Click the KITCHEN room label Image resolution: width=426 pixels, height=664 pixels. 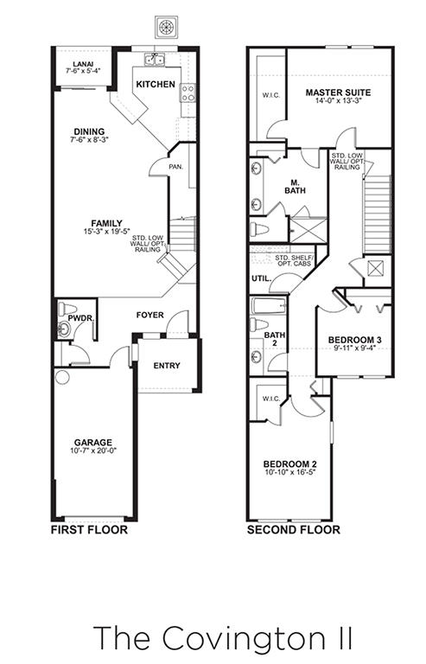pos(156,84)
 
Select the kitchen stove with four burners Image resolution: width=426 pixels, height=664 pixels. pos(188,93)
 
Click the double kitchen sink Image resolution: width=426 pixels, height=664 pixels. pos(155,61)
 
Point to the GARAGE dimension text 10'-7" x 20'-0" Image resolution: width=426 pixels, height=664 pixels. pos(93,450)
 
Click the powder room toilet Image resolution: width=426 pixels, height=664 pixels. pos(67,309)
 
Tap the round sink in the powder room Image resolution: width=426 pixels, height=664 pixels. pos(64,329)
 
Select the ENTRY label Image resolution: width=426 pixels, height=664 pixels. pos(167,366)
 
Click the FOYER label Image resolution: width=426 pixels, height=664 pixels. pos(149,315)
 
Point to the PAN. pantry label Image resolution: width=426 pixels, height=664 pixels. pos(176,167)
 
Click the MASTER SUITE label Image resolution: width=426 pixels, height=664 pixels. pos(338,93)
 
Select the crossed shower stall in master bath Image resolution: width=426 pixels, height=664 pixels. pos(308,231)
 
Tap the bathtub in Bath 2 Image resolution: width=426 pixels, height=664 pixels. pos(269,306)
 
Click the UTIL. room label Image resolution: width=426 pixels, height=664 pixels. pos(258,278)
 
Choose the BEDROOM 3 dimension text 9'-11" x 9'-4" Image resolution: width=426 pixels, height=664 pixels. pos(354,348)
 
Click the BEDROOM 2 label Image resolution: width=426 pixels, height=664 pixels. pos(289,464)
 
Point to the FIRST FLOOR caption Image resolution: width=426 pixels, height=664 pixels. pos(89,529)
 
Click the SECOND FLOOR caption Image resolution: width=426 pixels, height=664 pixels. pos(294,529)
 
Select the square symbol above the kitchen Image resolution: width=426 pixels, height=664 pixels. pos(166,27)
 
